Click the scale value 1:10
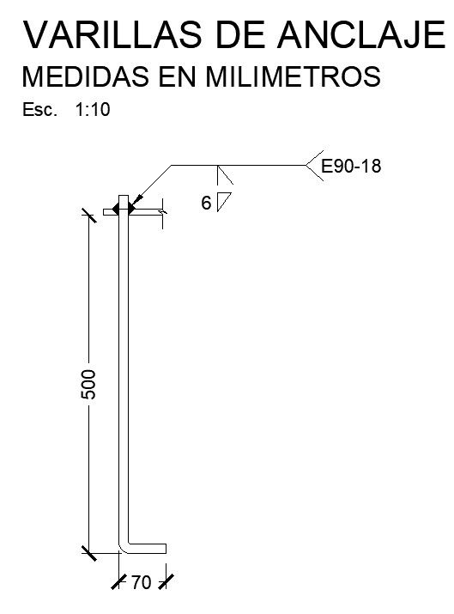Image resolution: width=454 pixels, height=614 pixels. [94, 110]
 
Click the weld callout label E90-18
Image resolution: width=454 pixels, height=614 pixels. [350, 167]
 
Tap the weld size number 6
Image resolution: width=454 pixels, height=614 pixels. [205, 204]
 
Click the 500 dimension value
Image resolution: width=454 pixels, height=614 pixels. [88, 384]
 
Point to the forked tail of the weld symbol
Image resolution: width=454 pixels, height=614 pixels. [312, 163]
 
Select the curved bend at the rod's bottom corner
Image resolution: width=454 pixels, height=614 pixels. [124, 546]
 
